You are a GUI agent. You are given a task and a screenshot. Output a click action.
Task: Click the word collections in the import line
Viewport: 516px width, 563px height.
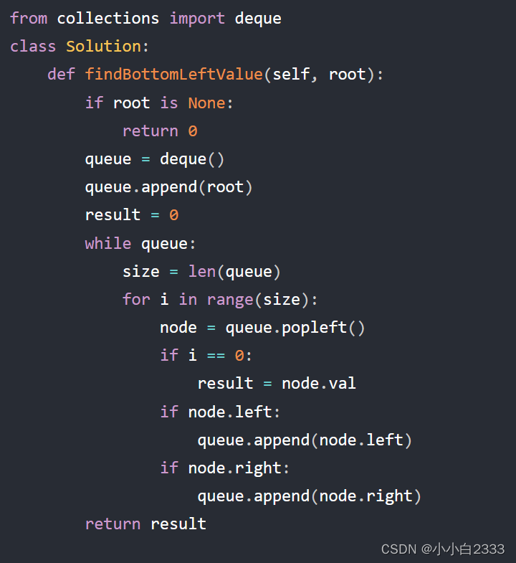108,18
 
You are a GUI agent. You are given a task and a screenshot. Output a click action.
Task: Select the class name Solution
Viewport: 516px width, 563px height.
103,46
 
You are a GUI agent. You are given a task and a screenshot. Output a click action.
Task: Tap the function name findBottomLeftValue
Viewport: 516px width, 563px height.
174,74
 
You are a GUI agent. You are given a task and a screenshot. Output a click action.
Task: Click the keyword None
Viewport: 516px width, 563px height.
206,103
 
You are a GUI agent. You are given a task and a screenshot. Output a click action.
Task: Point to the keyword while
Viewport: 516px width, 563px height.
108,243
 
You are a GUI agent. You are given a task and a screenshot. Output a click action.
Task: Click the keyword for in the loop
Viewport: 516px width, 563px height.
136,299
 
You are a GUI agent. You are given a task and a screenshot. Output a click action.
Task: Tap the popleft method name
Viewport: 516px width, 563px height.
315,327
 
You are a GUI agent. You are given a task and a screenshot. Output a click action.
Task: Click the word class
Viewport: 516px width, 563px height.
33,46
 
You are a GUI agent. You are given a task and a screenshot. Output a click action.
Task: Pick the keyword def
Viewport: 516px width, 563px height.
61,74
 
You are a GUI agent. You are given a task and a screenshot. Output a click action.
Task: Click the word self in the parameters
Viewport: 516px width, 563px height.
291,74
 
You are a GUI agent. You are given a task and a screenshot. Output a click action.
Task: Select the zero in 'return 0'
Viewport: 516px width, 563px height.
193,131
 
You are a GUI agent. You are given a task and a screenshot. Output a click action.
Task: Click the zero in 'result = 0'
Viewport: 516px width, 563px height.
173,214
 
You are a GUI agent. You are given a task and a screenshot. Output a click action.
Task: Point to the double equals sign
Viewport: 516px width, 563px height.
216,355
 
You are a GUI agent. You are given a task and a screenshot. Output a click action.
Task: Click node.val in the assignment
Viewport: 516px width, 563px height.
319,383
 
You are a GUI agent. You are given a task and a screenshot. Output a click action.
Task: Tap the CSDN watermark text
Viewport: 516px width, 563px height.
442,549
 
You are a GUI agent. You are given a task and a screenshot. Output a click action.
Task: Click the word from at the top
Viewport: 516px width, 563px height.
29,18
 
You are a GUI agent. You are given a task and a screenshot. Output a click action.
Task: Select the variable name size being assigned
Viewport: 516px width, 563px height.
141,271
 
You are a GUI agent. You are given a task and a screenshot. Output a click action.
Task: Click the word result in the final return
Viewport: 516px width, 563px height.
178,524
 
